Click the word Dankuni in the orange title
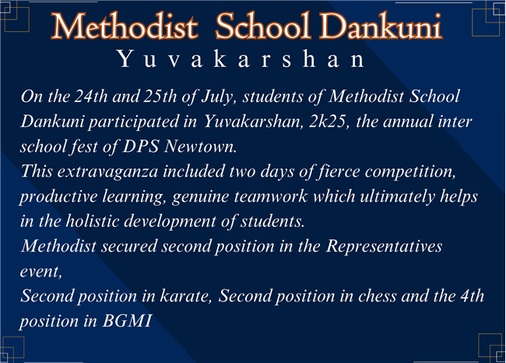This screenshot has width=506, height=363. pyautogui.click(x=381, y=26)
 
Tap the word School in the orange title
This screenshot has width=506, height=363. pyautogui.click(x=262, y=26)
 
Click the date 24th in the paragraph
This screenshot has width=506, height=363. pyautogui.click(x=91, y=97)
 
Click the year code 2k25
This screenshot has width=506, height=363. pyautogui.click(x=329, y=122)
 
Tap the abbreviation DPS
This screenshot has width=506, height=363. pyautogui.click(x=141, y=146)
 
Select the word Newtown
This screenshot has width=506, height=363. pyautogui.click(x=200, y=146)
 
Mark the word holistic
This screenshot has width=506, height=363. pyautogui.click(x=93, y=221)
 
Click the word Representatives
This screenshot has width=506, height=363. pyautogui.click(x=384, y=247)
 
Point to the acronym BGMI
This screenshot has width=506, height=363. pyautogui.click(x=127, y=321)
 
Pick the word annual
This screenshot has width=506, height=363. pyautogui.click(x=408, y=122)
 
